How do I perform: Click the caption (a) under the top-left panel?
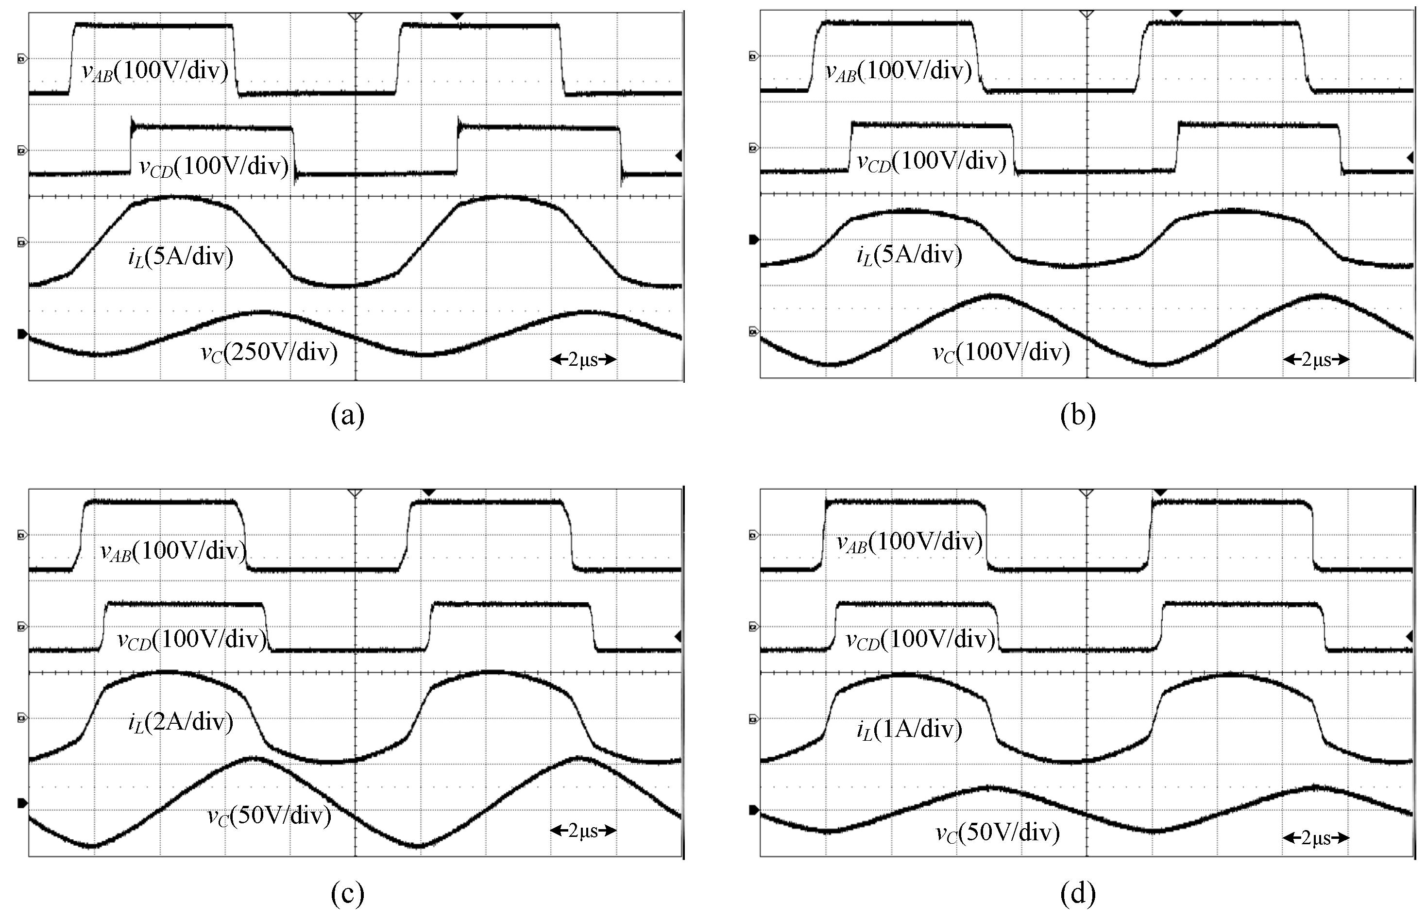pos(347,415)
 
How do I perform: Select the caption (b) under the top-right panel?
pos(1078,415)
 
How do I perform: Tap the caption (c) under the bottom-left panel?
pos(347,893)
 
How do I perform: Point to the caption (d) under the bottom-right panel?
pos(1078,893)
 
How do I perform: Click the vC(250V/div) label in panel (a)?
pos(269,353)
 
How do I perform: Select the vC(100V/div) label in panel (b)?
pos(1001,353)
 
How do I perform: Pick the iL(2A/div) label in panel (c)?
pos(180,722)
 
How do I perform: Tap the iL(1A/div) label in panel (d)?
pos(909,729)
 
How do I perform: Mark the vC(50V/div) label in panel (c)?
pos(269,815)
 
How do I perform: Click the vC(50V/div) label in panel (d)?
pos(998,833)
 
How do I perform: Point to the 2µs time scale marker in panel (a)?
pos(583,359)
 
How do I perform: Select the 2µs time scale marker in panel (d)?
pos(1315,838)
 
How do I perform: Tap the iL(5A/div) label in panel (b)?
pos(909,255)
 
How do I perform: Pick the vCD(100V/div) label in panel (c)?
pos(192,640)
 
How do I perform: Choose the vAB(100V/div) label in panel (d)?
pos(909,542)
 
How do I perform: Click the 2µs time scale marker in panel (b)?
pos(1315,359)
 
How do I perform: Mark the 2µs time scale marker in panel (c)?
pos(583,830)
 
